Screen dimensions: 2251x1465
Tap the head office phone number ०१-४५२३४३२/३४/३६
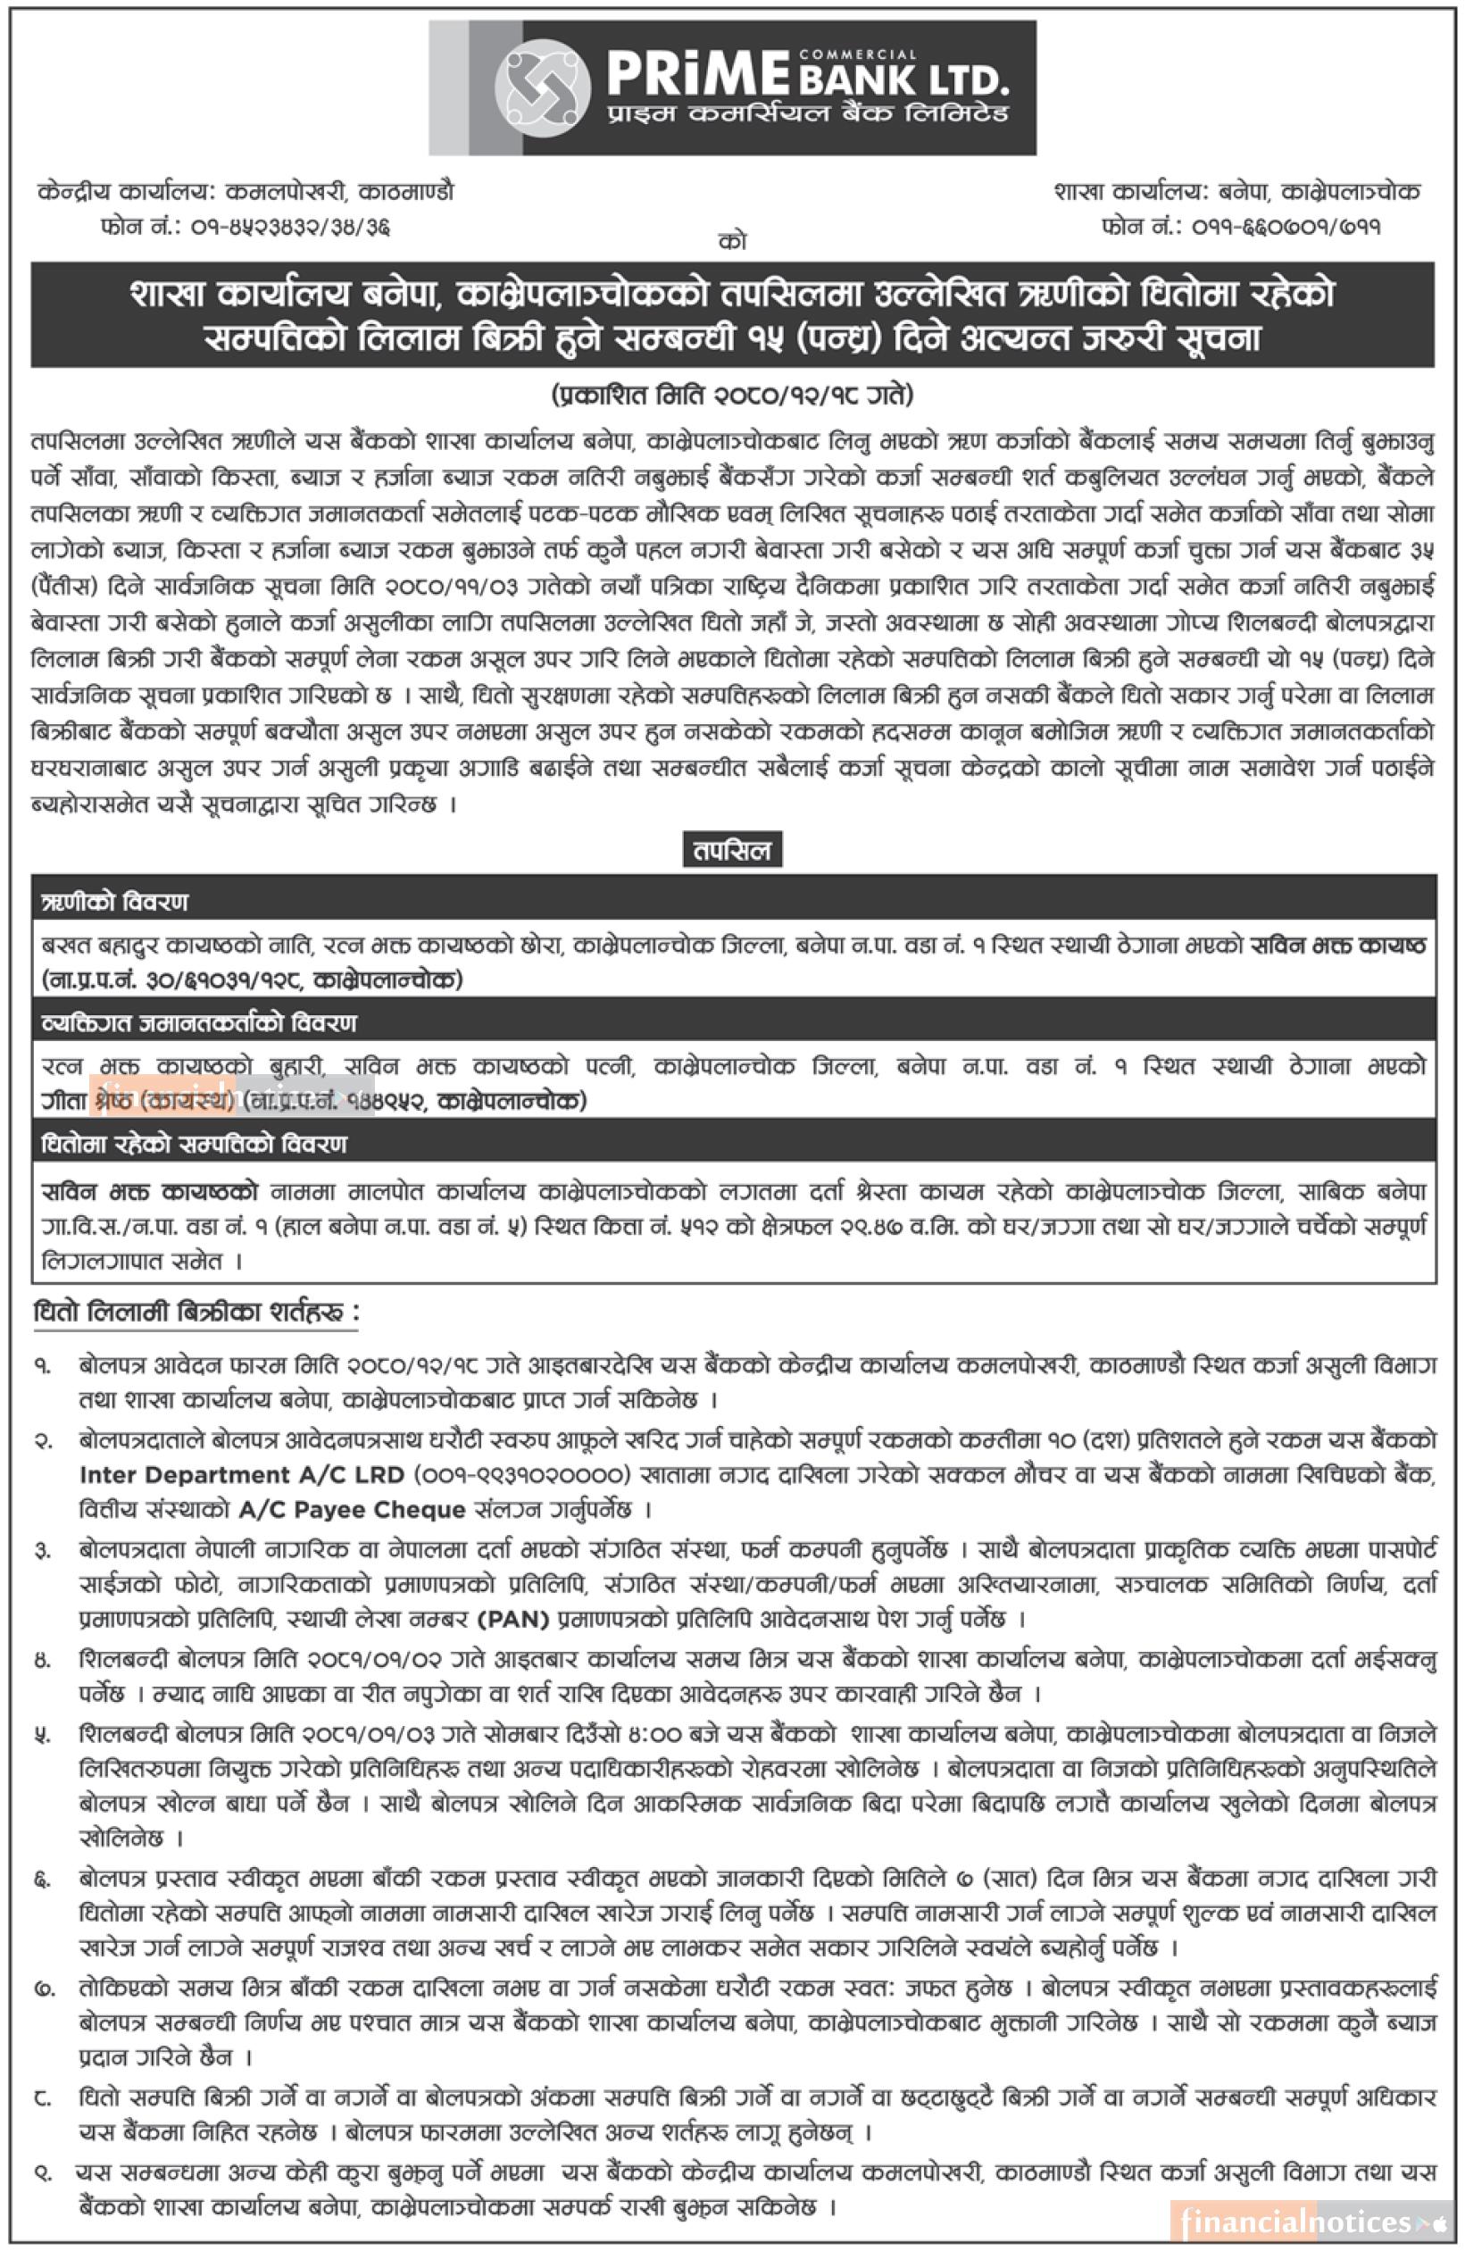[291, 227]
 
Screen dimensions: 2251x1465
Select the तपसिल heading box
[732, 850]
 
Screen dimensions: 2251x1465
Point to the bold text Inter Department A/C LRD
[242, 1474]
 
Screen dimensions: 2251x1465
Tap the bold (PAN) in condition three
[513, 1619]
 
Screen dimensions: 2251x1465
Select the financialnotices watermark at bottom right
[1311, 2222]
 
